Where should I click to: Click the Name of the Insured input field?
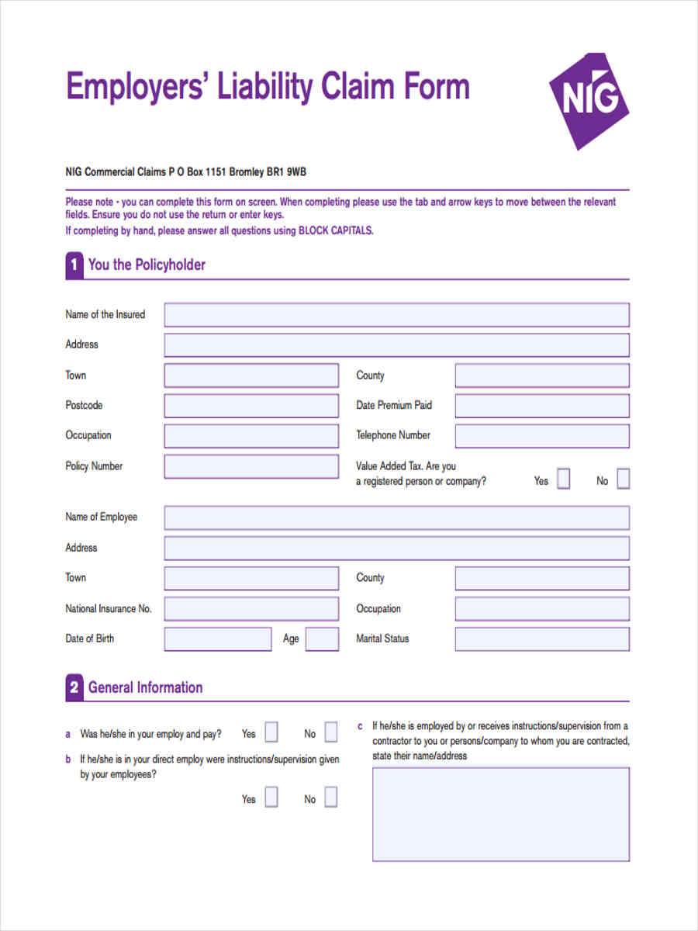point(396,315)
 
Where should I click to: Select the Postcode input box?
point(251,406)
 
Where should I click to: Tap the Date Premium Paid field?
point(542,406)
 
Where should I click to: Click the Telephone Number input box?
point(542,436)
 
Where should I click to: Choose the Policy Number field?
point(251,466)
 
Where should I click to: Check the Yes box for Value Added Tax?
point(564,479)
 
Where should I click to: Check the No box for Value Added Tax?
point(623,479)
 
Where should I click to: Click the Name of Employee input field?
point(396,517)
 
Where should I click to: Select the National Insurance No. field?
point(251,609)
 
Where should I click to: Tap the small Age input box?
point(322,639)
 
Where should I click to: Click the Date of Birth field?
point(218,639)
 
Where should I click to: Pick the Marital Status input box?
point(542,639)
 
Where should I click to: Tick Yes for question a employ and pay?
point(271,732)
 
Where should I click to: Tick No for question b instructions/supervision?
point(331,798)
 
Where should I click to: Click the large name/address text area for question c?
point(501,814)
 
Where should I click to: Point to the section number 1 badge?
point(74,265)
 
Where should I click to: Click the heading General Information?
point(145,687)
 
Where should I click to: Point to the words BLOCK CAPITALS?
point(335,230)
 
